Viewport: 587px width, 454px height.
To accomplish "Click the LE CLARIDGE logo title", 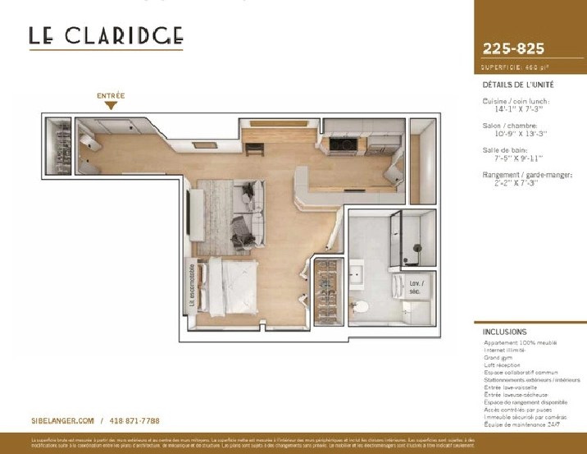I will coord(106,36).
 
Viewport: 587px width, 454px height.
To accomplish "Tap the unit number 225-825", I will coord(514,48).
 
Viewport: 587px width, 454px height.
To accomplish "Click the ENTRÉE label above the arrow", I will coord(111,96).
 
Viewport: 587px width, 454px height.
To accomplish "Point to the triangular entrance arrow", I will coord(111,106).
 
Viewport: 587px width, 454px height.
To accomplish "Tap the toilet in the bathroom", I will coord(360,307).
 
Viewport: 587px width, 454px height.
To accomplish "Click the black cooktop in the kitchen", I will coord(343,145).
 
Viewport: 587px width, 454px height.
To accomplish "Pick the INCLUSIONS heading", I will coord(506,332).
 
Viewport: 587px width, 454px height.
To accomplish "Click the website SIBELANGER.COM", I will coord(63,420).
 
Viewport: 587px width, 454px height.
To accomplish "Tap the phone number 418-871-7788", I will coord(134,420).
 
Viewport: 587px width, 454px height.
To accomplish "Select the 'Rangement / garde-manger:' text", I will coord(527,176).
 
